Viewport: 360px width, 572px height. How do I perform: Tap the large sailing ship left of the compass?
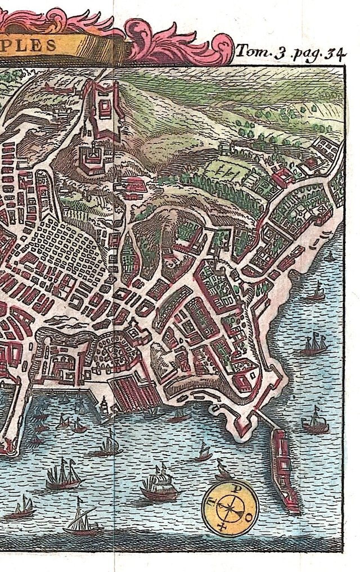click(159, 485)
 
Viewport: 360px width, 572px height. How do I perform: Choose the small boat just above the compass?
click(223, 468)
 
